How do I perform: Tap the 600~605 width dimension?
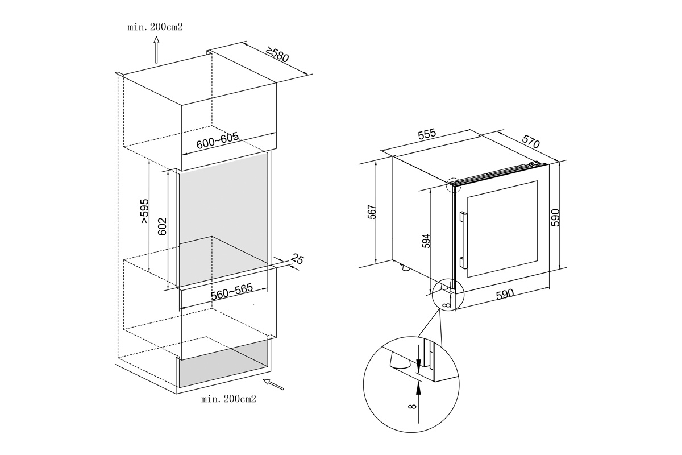(217, 141)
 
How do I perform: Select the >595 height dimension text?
(144, 212)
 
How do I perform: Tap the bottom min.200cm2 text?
(228, 399)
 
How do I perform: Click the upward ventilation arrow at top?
(157, 50)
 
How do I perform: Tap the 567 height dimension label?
(372, 212)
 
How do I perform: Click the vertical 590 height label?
(556, 217)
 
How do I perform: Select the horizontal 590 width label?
(505, 294)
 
